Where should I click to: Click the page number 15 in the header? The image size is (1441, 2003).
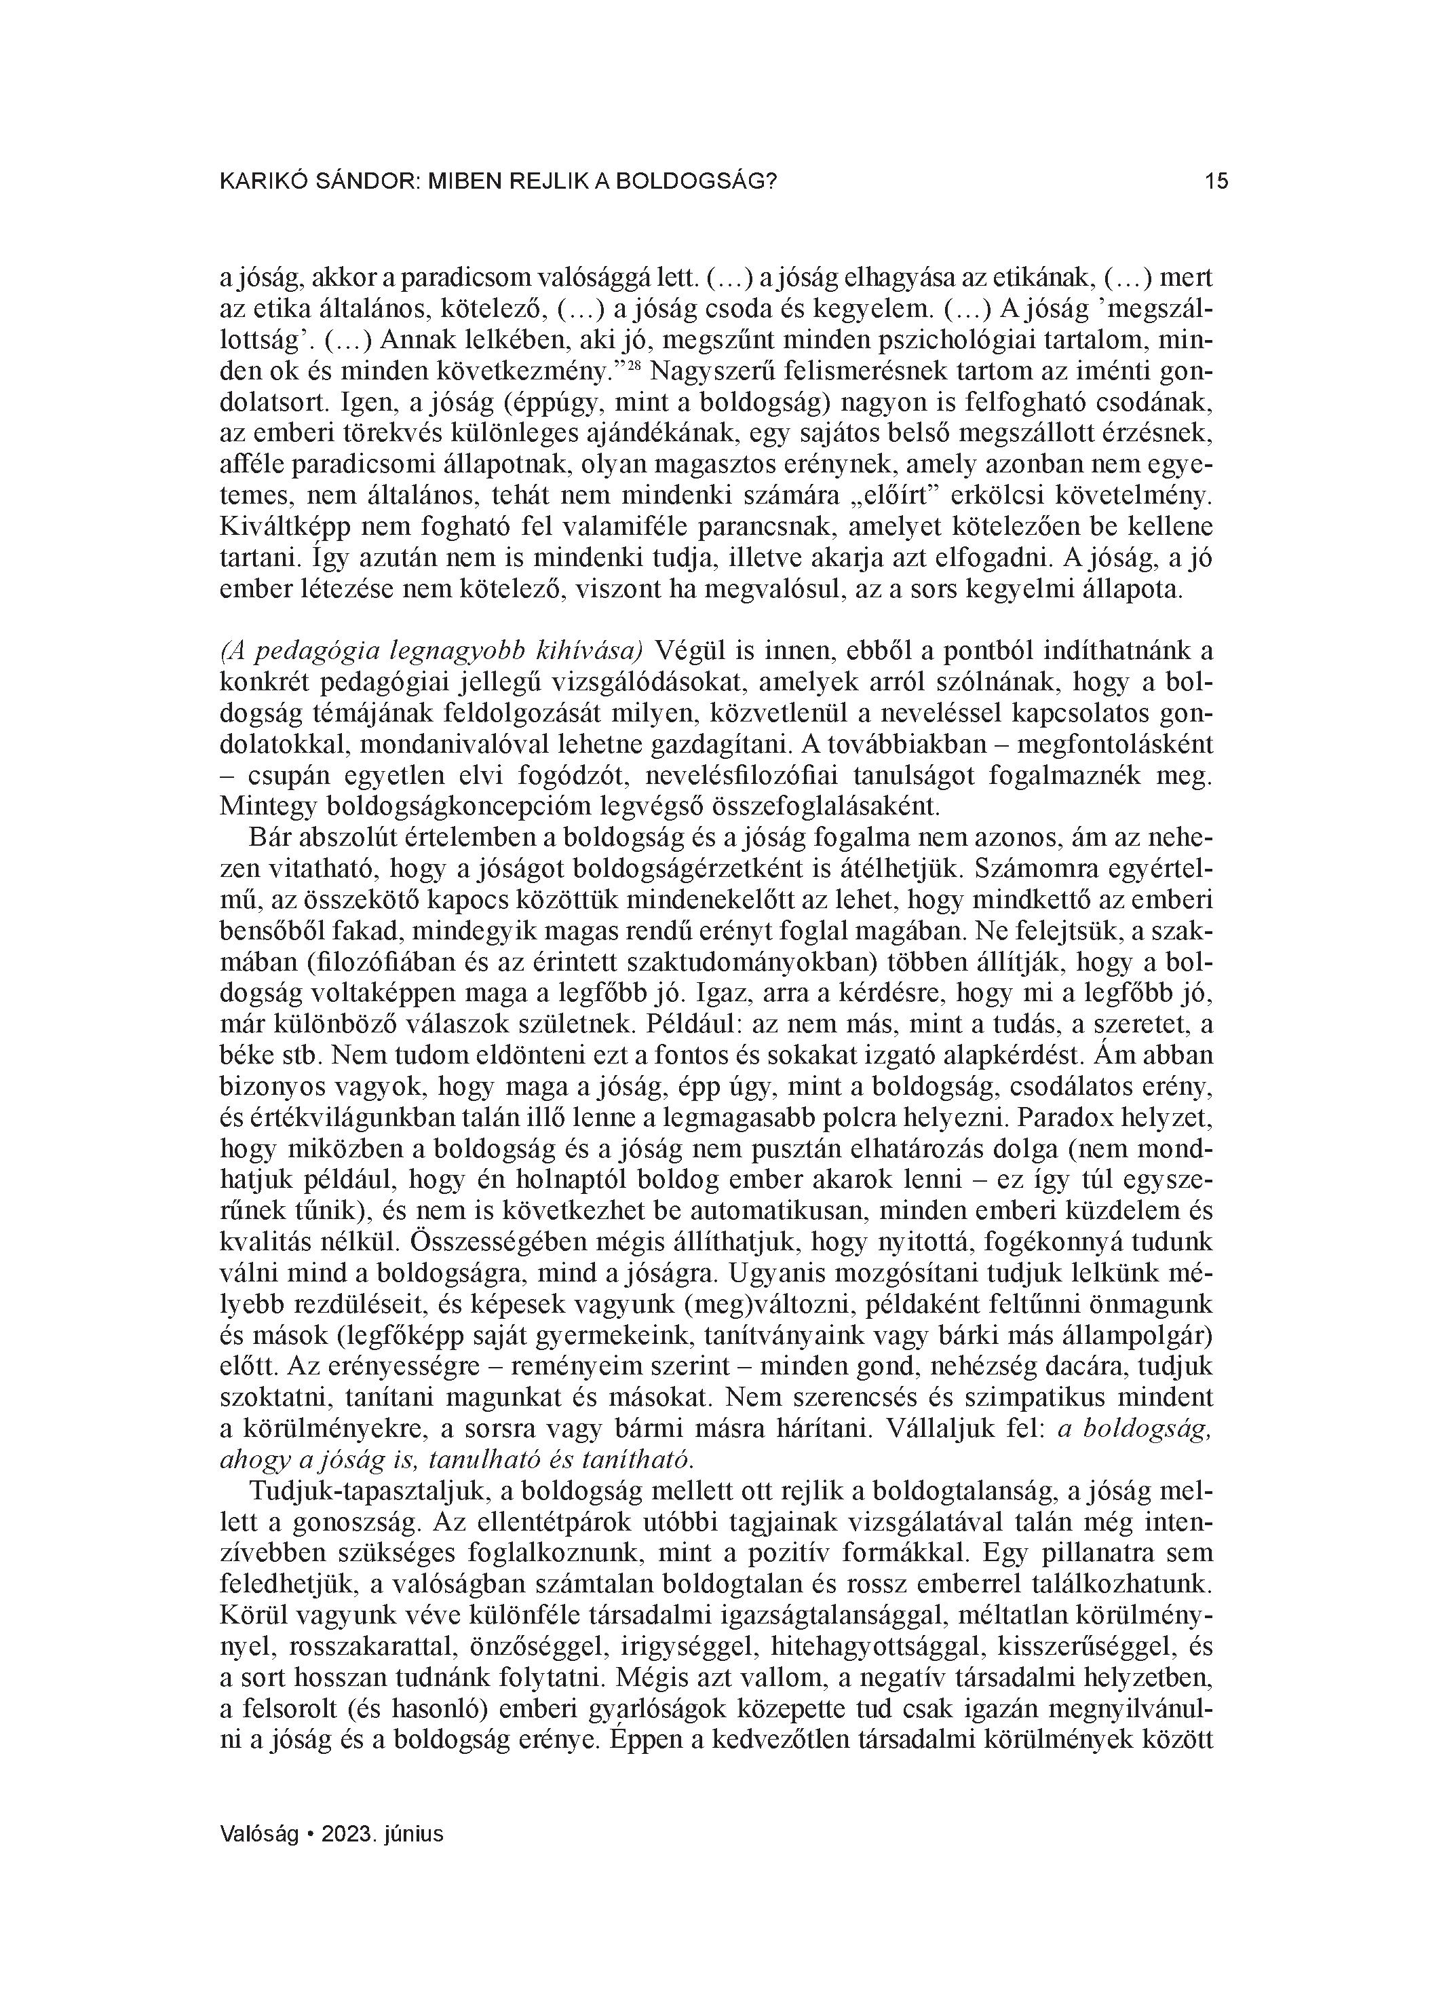(1215, 182)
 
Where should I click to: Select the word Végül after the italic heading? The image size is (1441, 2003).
(680, 652)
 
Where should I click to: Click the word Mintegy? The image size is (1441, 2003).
(267, 806)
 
